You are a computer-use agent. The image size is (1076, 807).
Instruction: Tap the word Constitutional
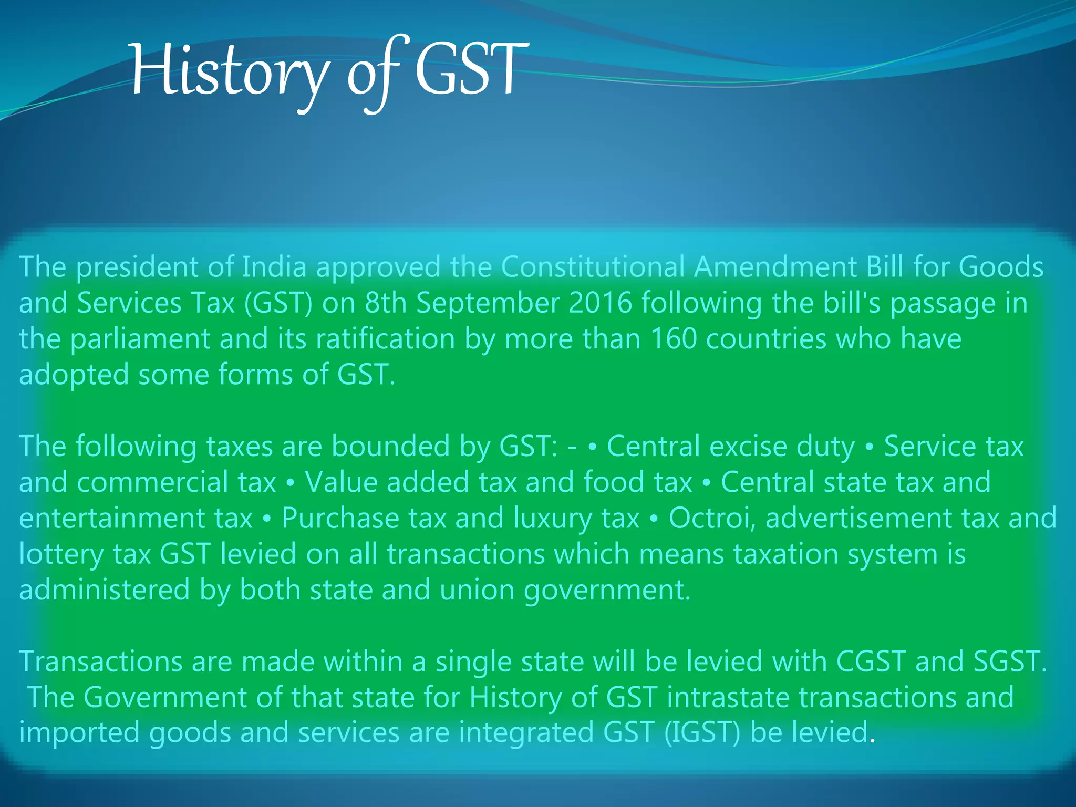[x=593, y=267]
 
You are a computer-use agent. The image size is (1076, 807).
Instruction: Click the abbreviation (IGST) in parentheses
[x=702, y=733]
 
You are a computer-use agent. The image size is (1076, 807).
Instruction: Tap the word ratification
[x=385, y=339]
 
